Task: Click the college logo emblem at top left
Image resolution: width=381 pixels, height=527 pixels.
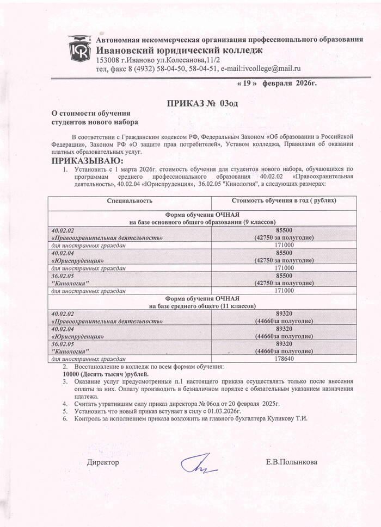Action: point(79,48)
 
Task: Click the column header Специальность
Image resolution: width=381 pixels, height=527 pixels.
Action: point(129,201)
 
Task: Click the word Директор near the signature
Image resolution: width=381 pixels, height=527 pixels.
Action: point(103,462)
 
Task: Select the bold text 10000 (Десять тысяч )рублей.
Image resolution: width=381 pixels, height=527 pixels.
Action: point(106,374)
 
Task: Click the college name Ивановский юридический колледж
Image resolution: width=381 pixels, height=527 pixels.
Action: point(179,50)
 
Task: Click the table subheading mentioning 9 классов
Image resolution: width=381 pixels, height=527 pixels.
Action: point(202,222)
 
